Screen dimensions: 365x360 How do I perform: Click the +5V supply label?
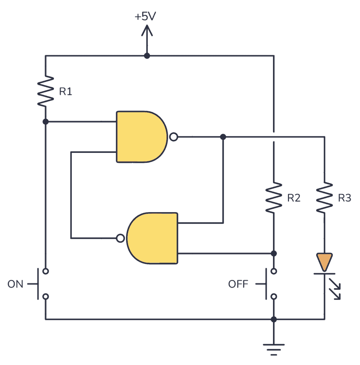pyautogui.click(x=146, y=16)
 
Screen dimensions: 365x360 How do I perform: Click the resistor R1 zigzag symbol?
pyautogui.click(x=46, y=91)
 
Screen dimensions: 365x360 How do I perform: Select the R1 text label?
pyautogui.click(x=66, y=92)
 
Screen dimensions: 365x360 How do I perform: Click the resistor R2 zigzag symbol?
pyautogui.click(x=274, y=198)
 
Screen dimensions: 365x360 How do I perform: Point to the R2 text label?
pyautogui.click(x=294, y=198)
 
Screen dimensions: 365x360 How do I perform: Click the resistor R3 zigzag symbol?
pyautogui.click(x=324, y=198)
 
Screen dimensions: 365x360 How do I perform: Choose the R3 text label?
pyautogui.click(x=344, y=198)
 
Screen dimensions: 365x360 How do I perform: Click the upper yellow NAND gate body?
pyautogui.click(x=141, y=137)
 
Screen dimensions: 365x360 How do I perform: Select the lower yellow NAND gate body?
pyautogui.click(x=153, y=238)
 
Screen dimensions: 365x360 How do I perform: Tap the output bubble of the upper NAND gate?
pyautogui.click(x=173, y=137)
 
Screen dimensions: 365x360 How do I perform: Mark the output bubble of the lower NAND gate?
pyautogui.click(x=121, y=238)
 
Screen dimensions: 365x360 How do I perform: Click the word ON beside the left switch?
pyautogui.click(x=15, y=284)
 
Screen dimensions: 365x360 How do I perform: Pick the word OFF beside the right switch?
pyautogui.click(x=238, y=284)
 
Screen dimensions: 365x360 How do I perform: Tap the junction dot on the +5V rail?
pyautogui.click(x=146, y=56)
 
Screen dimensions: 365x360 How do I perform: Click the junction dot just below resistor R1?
pyautogui.click(x=46, y=122)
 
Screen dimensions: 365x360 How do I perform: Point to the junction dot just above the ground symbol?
pyautogui.click(x=274, y=319)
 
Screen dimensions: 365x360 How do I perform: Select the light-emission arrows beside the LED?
pyautogui.click(x=336, y=291)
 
